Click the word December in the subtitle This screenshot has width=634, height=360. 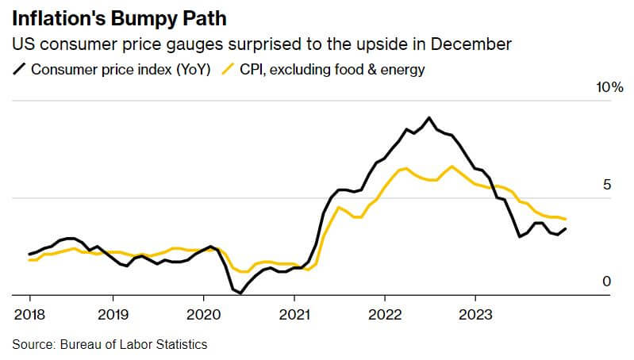click(475, 44)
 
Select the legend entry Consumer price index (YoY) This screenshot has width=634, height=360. click(120, 70)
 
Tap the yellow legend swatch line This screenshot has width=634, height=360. click(229, 70)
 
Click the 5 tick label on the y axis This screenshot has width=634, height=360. click(606, 185)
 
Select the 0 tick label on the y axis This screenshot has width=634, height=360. click(606, 281)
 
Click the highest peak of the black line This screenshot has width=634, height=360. click(429, 117)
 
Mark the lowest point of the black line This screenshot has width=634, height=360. click(240, 293)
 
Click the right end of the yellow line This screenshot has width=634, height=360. click(565, 219)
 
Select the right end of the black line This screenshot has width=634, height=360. click(565, 229)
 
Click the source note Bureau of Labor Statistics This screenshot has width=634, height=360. click(110, 344)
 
